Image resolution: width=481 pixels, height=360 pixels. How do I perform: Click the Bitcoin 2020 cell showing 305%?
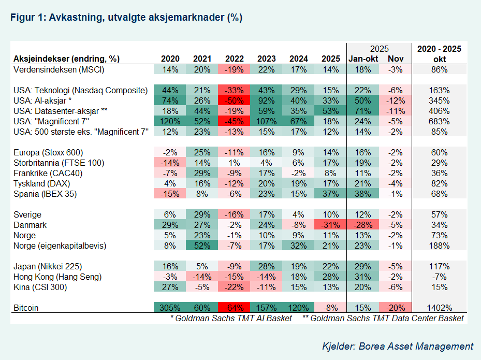[x=170, y=308]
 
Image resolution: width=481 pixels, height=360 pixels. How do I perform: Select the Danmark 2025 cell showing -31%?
[x=330, y=225]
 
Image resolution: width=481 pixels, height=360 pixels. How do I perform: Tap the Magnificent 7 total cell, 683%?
[x=439, y=121]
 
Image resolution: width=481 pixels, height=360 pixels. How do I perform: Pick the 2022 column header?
[x=235, y=59]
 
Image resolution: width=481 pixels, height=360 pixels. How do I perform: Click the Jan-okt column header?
[x=363, y=59]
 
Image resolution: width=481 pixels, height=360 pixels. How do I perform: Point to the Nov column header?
[x=396, y=59]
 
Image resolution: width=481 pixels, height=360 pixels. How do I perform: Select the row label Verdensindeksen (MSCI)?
[x=59, y=69]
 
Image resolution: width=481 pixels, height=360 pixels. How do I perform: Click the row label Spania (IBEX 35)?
[x=45, y=194]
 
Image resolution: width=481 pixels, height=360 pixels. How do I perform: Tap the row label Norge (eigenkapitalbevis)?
[x=60, y=246]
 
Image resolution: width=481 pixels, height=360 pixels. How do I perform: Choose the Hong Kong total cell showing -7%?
[x=439, y=277]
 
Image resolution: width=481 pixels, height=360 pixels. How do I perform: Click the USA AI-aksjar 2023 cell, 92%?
[x=266, y=100]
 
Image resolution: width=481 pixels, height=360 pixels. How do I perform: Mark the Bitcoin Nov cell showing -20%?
[x=395, y=308]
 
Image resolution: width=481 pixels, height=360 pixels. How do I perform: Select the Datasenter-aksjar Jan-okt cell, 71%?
[x=363, y=111]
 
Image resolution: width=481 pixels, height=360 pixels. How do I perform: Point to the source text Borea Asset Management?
[x=416, y=346]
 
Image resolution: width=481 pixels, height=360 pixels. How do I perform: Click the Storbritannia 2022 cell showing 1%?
[x=234, y=163]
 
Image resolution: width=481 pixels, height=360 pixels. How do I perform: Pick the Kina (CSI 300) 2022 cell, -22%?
[x=234, y=287]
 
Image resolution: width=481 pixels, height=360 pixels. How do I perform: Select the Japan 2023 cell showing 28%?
[x=266, y=266]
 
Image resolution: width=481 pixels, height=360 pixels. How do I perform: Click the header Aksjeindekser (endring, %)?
[x=67, y=59]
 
